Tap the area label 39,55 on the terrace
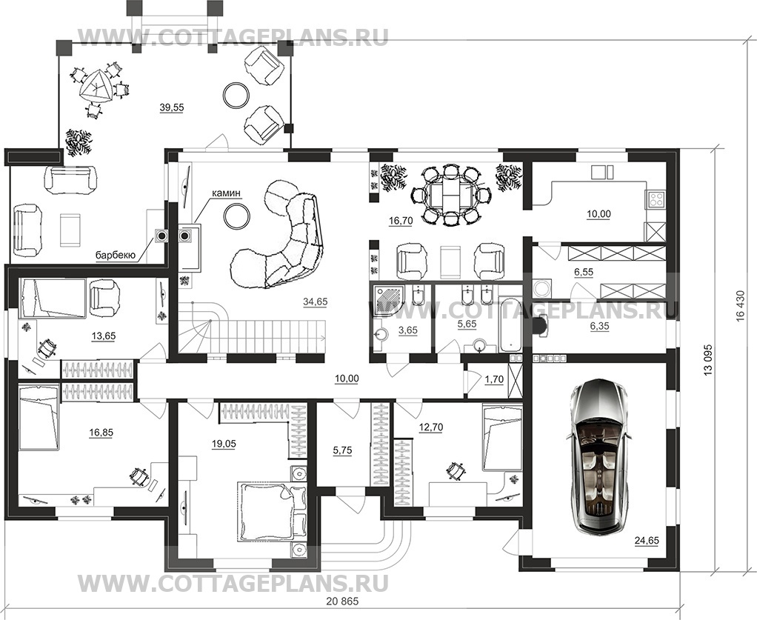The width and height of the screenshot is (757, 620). [x=171, y=107]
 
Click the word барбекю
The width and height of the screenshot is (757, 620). [x=115, y=256]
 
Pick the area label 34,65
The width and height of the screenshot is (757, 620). [x=316, y=301]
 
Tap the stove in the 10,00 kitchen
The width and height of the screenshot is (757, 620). [x=656, y=199]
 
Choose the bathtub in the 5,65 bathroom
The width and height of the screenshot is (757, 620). [x=511, y=324]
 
